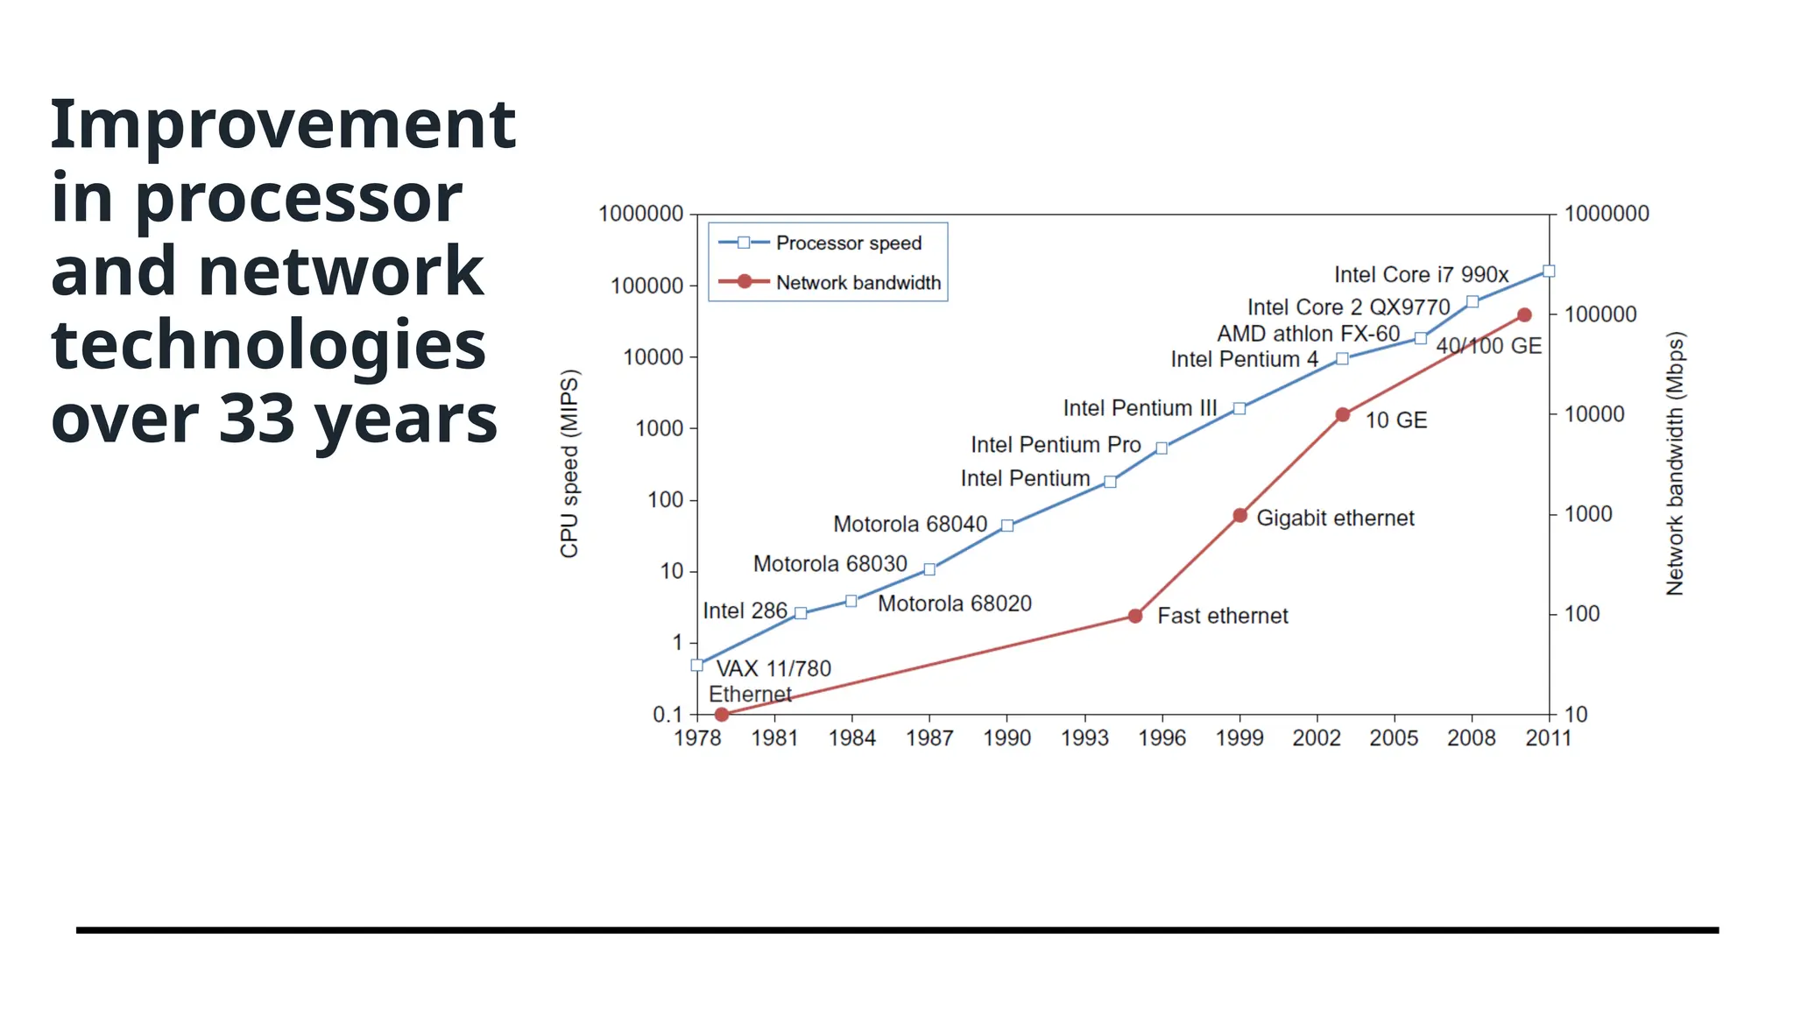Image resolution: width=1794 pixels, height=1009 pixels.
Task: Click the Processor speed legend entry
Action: (848, 243)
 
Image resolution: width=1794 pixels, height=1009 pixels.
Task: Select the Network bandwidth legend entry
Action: (857, 283)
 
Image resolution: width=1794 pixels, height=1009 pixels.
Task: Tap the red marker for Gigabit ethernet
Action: (1240, 516)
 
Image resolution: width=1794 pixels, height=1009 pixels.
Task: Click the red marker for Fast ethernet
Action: (1135, 617)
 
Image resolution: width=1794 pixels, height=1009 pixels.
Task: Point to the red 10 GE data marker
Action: (1342, 415)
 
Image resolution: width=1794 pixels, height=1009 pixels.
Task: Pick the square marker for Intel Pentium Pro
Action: (1162, 448)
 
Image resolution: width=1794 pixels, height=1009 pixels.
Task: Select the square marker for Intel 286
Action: (801, 613)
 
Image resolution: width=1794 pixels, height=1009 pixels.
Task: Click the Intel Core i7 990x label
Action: (1421, 275)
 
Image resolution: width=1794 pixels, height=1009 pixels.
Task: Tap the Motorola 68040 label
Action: (909, 525)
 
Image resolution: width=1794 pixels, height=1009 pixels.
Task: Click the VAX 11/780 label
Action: (773, 669)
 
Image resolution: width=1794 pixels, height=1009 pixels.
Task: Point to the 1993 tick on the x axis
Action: (1084, 738)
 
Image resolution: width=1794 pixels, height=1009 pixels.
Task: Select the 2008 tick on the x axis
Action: (1471, 738)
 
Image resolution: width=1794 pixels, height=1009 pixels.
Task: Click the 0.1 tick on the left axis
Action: (667, 715)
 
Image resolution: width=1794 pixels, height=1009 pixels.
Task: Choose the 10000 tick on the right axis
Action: (1594, 414)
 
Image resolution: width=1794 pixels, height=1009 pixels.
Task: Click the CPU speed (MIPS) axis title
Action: (569, 463)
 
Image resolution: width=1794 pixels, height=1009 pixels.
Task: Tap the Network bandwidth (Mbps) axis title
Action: (1674, 463)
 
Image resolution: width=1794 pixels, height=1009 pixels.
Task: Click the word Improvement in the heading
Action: (283, 124)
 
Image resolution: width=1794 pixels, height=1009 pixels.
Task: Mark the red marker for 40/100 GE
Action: (1524, 315)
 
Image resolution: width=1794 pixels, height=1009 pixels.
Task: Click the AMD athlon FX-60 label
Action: (1308, 334)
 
